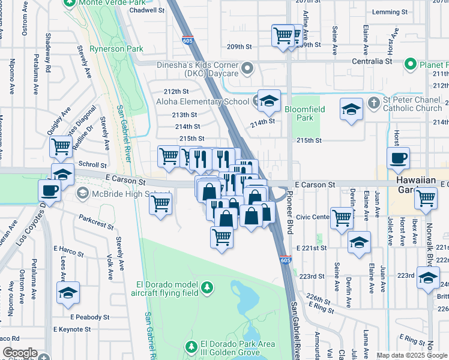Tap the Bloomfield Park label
[x=299, y=114]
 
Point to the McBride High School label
[x=122, y=193]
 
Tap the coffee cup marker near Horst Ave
[x=398, y=158]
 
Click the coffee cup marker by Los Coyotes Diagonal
[x=49, y=191]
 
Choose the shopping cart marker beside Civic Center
[x=342, y=218]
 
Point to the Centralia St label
[x=372, y=61]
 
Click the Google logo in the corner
[x=20, y=353]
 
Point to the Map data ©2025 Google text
[x=412, y=355]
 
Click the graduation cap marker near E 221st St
[x=359, y=242]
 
